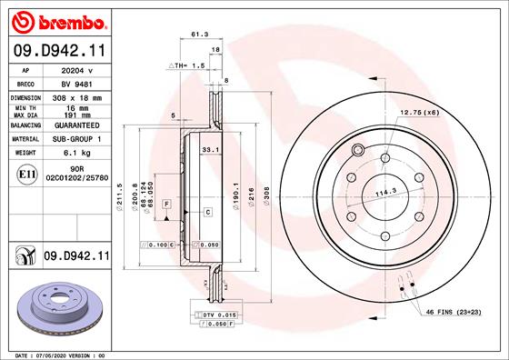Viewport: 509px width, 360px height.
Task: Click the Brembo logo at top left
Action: point(56,19)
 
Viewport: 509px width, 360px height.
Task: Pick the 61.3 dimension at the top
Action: point(196,35)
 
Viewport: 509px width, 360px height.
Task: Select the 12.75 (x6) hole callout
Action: point(419,112)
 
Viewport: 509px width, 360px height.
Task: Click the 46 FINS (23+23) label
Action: point(454,312)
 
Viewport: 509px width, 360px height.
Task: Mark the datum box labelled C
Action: point(207,212)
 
